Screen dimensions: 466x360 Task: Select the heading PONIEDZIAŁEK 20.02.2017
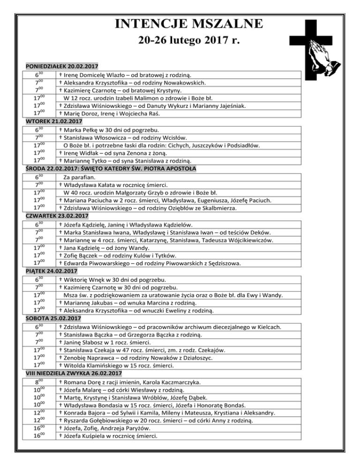64,66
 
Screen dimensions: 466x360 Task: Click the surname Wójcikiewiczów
259,240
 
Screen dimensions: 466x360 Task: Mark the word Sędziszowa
237,264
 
